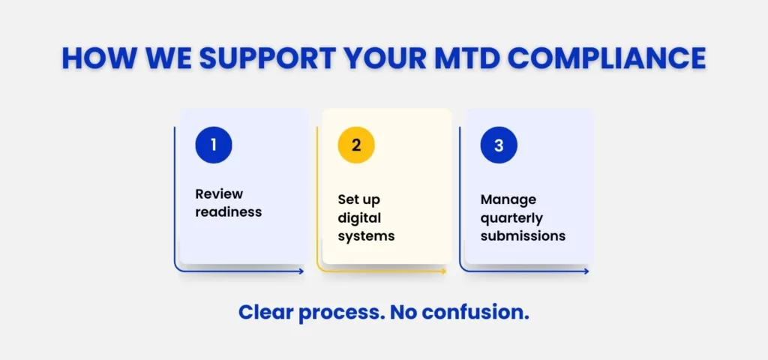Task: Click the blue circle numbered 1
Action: pyautogui.click(x=214, y=145)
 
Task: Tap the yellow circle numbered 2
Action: pyautogui.click(x=356, y=145)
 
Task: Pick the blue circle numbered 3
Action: pyautogui.click(x=499, y=145)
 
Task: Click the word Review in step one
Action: pyautogui.click(x=219, y=193)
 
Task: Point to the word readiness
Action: pyautogui.click(x=228, y=211)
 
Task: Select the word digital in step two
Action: pyautogui.click(x=359, y=218)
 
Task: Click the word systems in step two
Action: pyautogui.click(x=366, y=236)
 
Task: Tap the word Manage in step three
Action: pyautogui.click(x=508, y=200)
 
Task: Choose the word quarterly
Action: pyautogui.click(x=511, y=218)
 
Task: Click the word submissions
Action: pyautogui.click(x=523, y=236)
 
